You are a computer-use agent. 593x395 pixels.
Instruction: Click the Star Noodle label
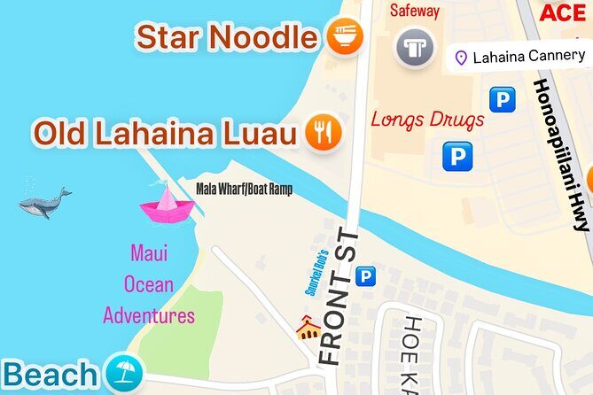(x=226, y=37)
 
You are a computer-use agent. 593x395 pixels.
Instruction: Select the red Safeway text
(x=415, y=12)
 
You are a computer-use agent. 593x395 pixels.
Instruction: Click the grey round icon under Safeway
(x=414, y=47)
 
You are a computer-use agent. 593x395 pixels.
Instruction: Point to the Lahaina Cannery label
(x=529, y=57)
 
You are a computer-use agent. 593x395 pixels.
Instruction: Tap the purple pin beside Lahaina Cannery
(x=460, y=58)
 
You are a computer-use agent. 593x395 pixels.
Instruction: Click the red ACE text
(x=563, y=12)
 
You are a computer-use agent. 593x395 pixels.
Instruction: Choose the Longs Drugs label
(x=427, y=119)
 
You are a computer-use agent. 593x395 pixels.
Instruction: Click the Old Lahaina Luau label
(x=164, y=134)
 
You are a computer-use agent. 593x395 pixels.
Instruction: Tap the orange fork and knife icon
(x=323, y=133)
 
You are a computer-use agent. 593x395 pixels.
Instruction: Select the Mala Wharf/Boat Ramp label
(x=244, y=189)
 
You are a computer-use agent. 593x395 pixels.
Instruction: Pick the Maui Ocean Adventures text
(x=148, y=284)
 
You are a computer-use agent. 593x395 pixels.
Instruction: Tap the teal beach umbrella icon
(x=122, y=373)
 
